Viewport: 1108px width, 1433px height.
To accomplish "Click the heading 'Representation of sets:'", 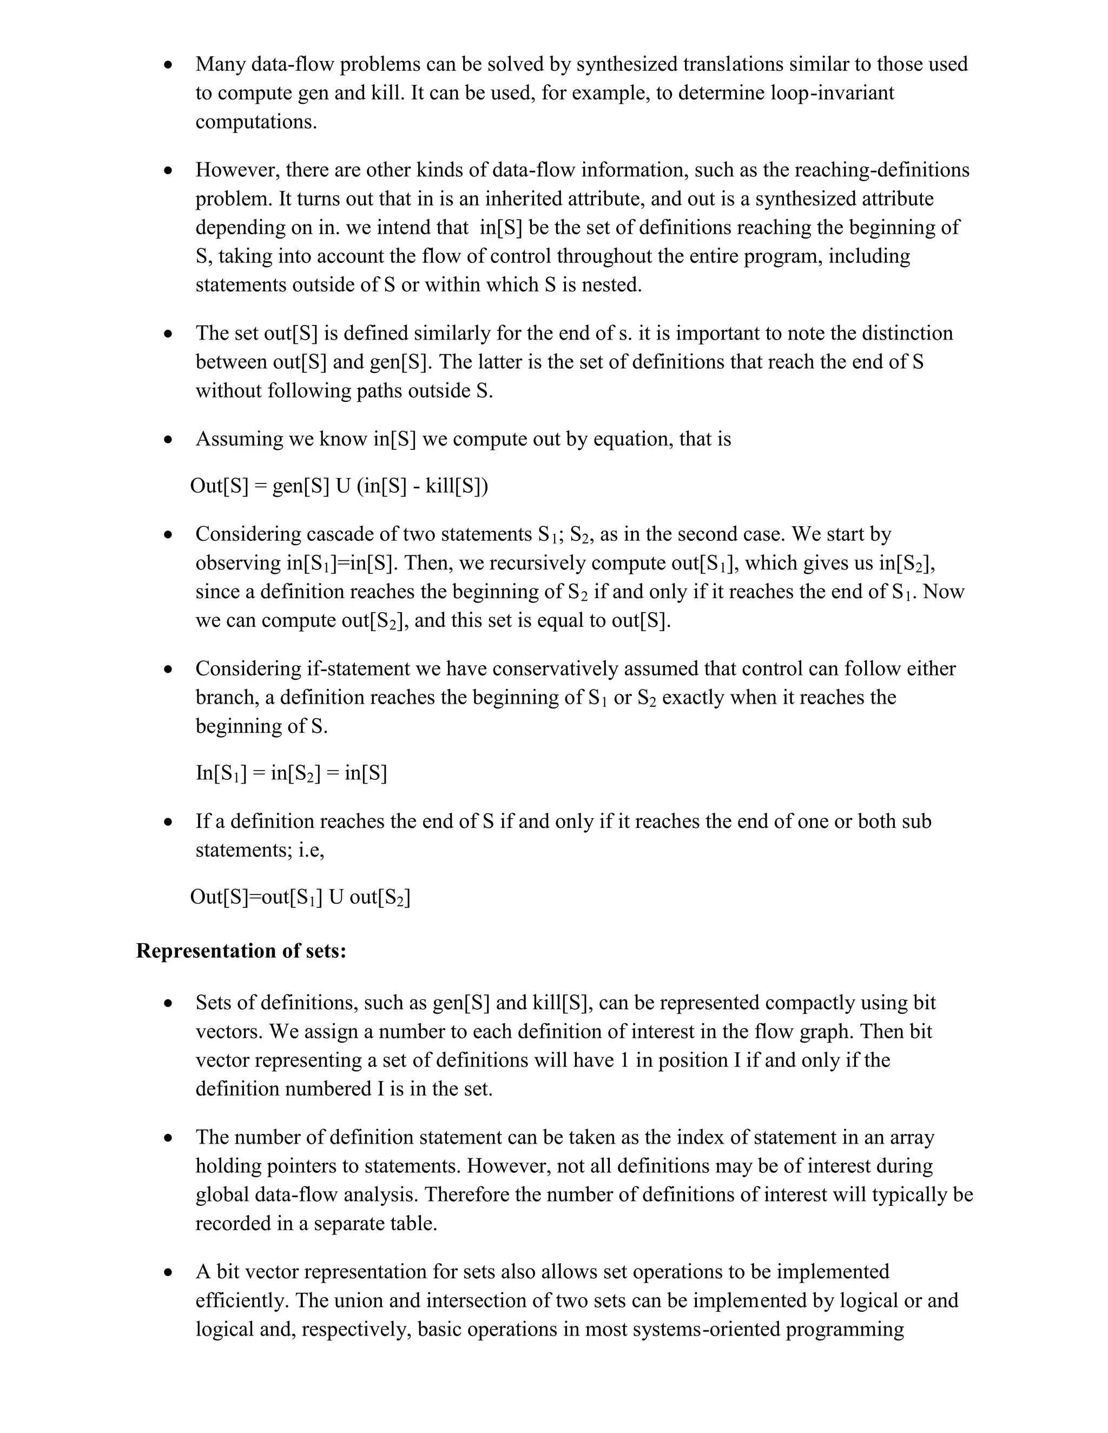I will [x=241, y=951].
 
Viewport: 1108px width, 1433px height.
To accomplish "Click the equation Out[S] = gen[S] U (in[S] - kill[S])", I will [x=339, y=486].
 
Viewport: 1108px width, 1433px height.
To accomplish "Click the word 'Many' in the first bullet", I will [x=221, y=64].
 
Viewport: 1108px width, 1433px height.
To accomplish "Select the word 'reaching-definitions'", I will [x=881, y=170].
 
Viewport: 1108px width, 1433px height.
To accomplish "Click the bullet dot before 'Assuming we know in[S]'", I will [x=169, y=440].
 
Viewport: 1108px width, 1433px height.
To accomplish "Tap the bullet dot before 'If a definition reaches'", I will [x=169, y=822].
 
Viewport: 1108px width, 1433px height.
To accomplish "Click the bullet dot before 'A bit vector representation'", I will [x=169, y=1272].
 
